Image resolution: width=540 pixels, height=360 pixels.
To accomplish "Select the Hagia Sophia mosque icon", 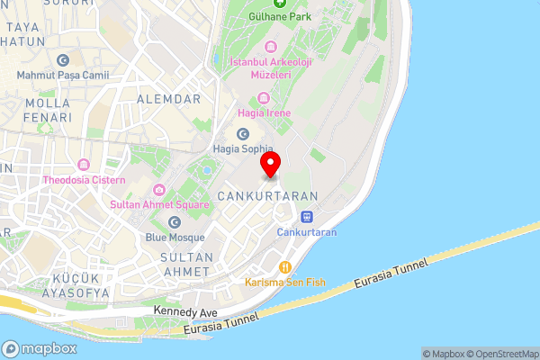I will (x=242, y=133).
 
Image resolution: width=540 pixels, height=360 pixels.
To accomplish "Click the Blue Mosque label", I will (x=175, y=238).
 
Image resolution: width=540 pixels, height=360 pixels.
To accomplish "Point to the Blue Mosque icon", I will (x=175, y=222).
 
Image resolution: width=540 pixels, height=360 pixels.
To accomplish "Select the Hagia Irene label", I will (x=263, y=112).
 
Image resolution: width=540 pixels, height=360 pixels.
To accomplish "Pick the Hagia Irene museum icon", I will (x=263, y=98).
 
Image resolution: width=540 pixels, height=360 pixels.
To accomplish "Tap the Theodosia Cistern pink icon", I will (x=84, y=165).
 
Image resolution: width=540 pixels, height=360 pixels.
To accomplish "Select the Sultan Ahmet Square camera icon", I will (x=159, y=189).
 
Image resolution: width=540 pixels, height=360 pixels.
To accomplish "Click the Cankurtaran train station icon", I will (x=306, y=217).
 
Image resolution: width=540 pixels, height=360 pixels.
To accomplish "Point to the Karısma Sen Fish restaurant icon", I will (x=284, y=266).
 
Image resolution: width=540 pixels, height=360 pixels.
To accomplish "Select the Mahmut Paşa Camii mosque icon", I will (x=62, y=60).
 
